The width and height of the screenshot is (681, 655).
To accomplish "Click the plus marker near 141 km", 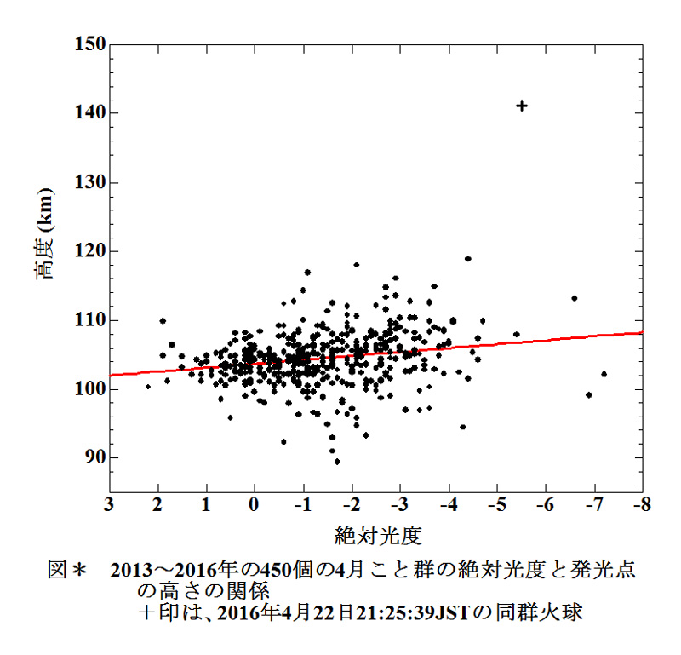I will coord(522,106).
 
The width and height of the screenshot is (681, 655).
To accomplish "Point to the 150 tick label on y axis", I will coord(87,44).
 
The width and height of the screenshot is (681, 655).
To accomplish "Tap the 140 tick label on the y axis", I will coord(87,113).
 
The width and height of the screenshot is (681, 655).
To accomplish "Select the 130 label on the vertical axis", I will coord(87,182).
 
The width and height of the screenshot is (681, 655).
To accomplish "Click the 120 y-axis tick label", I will coord(87,251).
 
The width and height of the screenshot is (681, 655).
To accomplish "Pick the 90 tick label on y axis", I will coord(92,458).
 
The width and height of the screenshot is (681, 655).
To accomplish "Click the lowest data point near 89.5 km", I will coord(337,462).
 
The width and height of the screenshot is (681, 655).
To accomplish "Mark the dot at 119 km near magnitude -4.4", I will coord(467,258).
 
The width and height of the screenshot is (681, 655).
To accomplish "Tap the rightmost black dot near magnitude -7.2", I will coord(604,374).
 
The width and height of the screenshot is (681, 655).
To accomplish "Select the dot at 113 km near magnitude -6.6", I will coord(575,298).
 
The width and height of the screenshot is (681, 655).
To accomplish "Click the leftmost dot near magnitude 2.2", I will coord(148,387).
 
